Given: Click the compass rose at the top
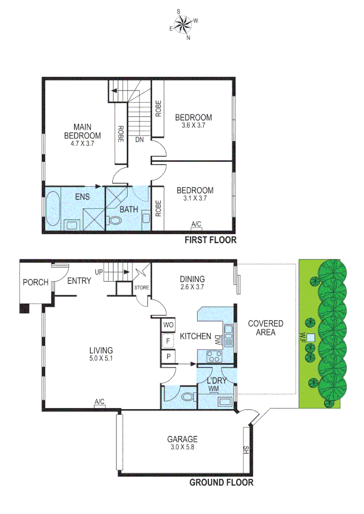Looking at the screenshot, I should (x=182, y=24).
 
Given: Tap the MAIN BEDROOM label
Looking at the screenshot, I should (x=82, y=131).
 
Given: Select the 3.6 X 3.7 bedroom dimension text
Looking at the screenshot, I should (x=193, y=126).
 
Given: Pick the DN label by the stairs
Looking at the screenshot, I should (x=140, y=140).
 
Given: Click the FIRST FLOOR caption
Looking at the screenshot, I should (x=210, y=240).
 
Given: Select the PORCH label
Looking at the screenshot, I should (x=36, y=282).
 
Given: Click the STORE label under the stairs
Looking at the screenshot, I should (x=142, y=287).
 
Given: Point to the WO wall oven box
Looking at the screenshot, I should (x=168, y=325).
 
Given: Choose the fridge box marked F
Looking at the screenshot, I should (x=168, y=341).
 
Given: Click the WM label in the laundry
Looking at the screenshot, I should (x=214, y=389).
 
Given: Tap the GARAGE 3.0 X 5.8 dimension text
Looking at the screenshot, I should (x=182, y=447).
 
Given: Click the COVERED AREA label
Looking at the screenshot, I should (x=265, y=328).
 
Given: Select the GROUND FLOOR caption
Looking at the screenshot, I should (x=222, y=483).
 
